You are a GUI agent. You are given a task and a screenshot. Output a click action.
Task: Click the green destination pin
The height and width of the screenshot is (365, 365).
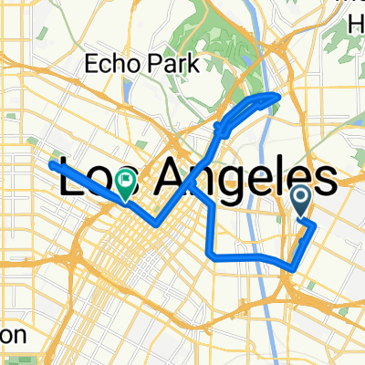(124, 186)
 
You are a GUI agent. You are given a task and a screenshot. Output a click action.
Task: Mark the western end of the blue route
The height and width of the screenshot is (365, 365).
(49, 164)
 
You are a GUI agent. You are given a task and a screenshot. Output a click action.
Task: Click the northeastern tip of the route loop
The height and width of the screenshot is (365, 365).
(277, 96)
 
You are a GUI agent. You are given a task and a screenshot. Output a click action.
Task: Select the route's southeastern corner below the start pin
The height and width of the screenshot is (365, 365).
(291, 267)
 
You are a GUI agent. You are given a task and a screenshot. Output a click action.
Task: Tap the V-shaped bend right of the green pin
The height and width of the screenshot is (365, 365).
(156, 224)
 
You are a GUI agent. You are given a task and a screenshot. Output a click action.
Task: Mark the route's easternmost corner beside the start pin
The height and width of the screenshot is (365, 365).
(316, 222)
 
